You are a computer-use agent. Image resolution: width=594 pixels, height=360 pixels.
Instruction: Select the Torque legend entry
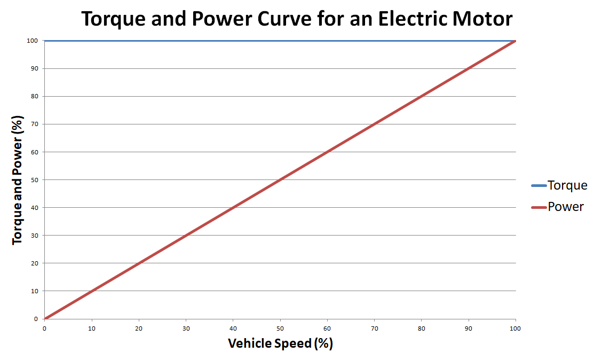[x=567, y=185]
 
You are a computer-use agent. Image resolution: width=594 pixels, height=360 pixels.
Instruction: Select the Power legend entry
[x=566, y=207]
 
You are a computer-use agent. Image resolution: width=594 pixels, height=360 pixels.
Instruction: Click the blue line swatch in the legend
[x=538, y=186]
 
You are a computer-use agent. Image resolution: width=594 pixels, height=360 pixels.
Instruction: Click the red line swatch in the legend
[x=538, y=207]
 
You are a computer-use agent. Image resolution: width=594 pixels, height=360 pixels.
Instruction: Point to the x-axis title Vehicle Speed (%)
[x=280, y=343]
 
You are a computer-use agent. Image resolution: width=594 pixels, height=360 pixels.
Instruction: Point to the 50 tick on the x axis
[x=280, y=328]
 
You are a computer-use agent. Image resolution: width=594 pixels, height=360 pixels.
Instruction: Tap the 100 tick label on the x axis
[x=516, y=328]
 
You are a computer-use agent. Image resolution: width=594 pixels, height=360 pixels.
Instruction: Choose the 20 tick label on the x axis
[x=139, y=328]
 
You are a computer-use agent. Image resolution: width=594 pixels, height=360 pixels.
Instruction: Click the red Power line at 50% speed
[x=280, y=179]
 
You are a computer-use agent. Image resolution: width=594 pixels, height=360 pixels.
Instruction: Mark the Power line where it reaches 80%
[x=422, y=96]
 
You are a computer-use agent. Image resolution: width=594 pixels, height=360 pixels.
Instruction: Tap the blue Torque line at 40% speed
[x=233, y=41]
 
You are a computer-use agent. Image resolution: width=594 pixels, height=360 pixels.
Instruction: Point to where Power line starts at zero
[x=45, y=318]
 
